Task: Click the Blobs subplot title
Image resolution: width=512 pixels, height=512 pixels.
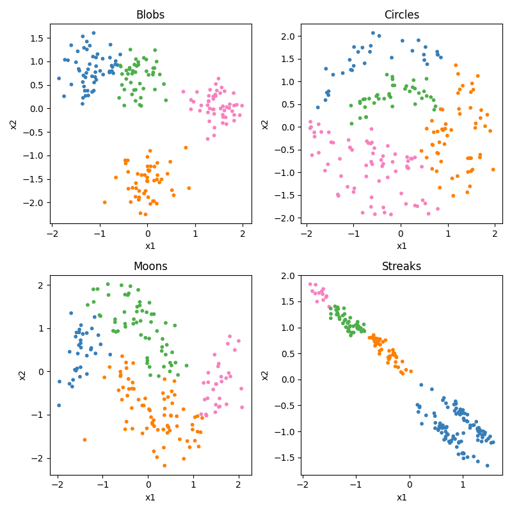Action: tap(150, 15)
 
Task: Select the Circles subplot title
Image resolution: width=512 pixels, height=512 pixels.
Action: tap(401, 15)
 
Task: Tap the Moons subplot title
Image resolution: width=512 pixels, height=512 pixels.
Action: tap(150, 266)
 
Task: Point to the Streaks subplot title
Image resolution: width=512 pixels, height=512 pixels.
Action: tap(401, 266)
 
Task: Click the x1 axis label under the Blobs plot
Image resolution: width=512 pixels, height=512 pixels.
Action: tap(150, 246)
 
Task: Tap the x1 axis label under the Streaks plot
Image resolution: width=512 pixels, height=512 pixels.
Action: tap(401, 497)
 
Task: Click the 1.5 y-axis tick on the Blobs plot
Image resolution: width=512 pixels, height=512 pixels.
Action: tap(38, 38)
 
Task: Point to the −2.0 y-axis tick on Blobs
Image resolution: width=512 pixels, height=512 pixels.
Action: tap(35, 202)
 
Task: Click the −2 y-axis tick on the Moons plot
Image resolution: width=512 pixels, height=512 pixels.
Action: tap(40, 458)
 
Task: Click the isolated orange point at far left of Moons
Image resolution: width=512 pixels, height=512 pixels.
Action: tap(84, 440)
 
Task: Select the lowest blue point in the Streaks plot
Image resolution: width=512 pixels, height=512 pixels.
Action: tap(487, 465)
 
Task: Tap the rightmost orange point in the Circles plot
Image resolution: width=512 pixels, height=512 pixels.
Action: tap(493, 170)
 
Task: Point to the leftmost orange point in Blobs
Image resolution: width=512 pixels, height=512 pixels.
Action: tap(105, 202)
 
